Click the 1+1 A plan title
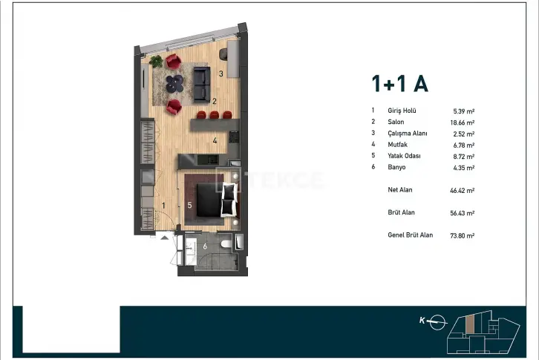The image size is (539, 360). click(x=399, y=84)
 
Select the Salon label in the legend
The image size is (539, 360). click(x=396, y=122)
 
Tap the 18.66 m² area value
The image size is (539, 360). click(x=463, y=122)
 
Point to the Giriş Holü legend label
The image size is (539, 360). click(x=402, y=111)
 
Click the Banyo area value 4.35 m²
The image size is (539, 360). click(x=464, y=168)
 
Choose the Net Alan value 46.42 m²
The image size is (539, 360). click(x=463, y=191)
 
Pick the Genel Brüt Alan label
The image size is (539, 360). click(x=410, y=235)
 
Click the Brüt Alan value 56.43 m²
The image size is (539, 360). click(x=463, y=213)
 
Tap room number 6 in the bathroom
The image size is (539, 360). click(x=205, y=246)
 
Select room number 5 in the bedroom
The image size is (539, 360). click(x=189, y=206)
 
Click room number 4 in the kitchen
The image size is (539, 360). click(x=215, y=140)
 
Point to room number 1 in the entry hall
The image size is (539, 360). click(x=163, y=206)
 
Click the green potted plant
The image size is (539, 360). click(x=157, y=61)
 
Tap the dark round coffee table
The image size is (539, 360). click(x=174, y=84)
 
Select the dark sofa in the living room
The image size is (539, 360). click(x=202, y=85)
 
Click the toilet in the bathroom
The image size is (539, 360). click(x=226, y=244)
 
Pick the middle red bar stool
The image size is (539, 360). click(x=215, y=115)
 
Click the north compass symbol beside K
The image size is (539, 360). click(x=437, y=322)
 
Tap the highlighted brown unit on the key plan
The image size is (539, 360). click(x=470, y=324)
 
